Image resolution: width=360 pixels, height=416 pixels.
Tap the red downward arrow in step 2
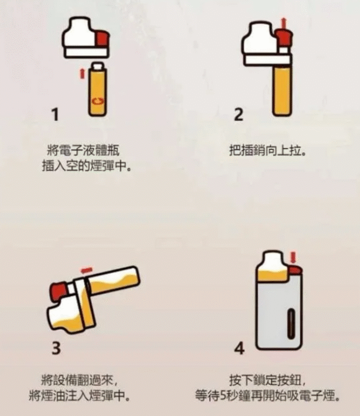(x=284, y=23)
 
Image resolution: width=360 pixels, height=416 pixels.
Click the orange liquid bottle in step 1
(x=96, y=90)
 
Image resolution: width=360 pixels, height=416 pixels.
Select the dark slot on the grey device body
(x=292, y=323)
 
